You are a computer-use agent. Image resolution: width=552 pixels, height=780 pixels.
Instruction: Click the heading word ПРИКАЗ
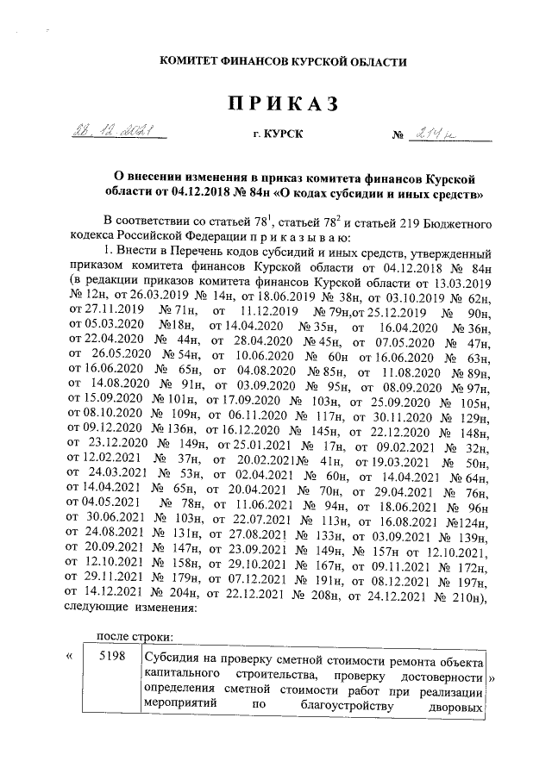280,104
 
